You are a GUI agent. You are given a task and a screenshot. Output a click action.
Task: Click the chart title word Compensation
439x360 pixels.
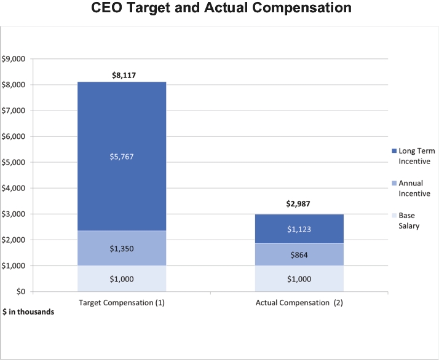click(x=301, y=7)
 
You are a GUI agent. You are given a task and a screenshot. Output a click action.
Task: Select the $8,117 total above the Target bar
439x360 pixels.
click(x=124, y=75)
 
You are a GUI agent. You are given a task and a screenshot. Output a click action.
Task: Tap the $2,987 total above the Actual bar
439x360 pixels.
click(x=298, y=204)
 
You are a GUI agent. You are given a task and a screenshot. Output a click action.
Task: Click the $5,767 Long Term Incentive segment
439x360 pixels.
click(x=122, y=156)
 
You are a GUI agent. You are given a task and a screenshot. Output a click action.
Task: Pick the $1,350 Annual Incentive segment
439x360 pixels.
click(x=122, y=248)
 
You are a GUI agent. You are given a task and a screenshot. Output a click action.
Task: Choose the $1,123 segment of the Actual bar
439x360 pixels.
click(x=299, y=229)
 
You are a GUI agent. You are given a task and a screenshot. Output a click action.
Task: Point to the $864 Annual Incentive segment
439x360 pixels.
click(x=299, y=254)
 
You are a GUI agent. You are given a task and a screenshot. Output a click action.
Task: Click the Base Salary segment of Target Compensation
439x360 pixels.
click(x=122, y=279)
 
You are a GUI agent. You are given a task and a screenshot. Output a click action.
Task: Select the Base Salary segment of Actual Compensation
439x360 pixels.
click(x=299, y=279)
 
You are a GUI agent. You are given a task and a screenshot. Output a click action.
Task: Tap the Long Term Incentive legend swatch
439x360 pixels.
click(x=394, y=151)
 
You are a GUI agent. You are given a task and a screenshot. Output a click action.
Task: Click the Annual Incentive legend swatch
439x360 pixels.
click(x=394, y=183)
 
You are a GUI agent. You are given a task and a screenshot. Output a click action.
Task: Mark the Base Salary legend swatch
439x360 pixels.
click(x=394, y=216)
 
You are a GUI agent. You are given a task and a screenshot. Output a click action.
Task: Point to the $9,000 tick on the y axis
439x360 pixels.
click(x=13, y=59)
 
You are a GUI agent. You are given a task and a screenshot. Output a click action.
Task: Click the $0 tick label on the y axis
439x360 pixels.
click(x=21, y=292)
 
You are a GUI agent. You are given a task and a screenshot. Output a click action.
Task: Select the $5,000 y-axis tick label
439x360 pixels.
click(x=13, y=163)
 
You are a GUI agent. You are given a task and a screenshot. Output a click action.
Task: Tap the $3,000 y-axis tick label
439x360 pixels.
click(x=13, y=214)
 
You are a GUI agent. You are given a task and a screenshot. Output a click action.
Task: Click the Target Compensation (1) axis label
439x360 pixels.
click(x=122, y=303)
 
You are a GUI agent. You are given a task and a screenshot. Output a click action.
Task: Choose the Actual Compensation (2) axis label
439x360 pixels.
click(x=299, y=303)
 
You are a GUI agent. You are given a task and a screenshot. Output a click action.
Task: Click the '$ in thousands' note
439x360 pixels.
click(x=28, y=312)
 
